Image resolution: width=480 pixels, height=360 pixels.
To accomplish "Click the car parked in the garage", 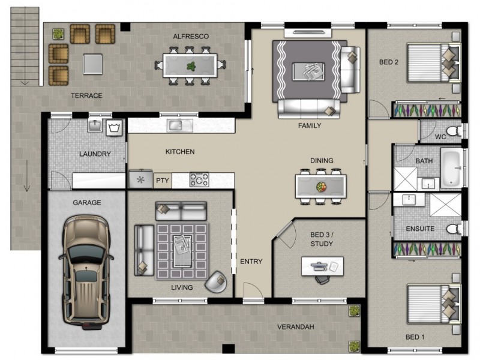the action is [x=86, y=272].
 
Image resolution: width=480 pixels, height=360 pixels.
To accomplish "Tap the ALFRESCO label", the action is [x=191, y=37].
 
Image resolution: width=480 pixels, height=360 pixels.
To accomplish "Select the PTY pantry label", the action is [x=162, y=181].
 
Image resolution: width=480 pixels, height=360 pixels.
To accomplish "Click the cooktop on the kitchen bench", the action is [x=199, y=179].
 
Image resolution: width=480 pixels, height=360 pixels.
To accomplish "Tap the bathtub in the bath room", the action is [x=452, y=168].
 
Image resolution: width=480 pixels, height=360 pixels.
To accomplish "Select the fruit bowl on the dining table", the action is [x=321, y=187].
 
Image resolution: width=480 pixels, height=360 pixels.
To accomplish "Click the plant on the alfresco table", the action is [x=191, y=67].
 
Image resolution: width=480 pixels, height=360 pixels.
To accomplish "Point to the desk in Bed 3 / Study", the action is [x=322, y=266].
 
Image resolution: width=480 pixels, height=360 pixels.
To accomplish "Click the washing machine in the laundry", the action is [x=114, y=128].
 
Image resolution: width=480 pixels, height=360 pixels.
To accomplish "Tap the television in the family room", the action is [x=308, y=32].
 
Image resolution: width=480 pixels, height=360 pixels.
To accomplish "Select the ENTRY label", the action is [x=251, y=262].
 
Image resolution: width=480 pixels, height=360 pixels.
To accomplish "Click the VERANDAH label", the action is [x=295, y=327].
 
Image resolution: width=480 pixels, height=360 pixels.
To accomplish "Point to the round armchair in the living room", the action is [x=216, y=281].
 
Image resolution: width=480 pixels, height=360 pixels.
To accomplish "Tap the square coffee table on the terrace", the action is [x=93, y=64].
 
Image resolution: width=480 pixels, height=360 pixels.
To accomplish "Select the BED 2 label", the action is [x=388, y=62].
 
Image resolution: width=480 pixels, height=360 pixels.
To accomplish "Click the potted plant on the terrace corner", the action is [x=58, y=34].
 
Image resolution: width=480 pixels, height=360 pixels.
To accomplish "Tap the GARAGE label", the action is [x=87, y=203].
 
